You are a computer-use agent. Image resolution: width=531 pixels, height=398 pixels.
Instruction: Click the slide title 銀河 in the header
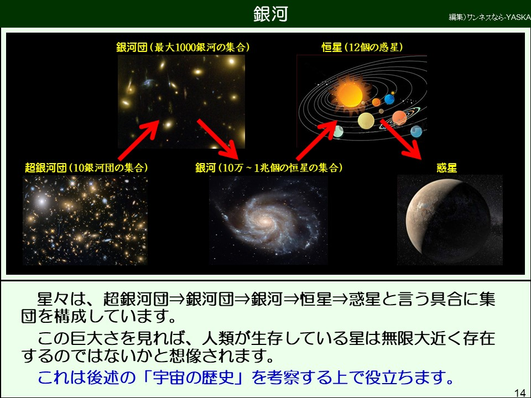point(270,14)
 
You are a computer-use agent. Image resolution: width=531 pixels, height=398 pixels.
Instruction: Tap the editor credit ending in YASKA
point(490,17)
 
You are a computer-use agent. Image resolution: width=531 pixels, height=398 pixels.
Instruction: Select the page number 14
point(520,392)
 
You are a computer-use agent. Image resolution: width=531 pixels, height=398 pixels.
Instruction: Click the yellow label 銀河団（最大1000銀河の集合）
point(183,47)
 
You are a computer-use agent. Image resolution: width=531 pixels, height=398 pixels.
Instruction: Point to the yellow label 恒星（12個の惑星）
point(362,47)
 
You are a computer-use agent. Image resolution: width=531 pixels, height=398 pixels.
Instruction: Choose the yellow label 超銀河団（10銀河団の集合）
point(86,167)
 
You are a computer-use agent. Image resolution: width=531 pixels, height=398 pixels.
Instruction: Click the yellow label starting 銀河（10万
point(269,167)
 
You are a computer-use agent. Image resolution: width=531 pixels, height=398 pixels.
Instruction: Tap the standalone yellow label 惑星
point(447,167)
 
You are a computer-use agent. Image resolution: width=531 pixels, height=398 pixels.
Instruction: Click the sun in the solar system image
point(350,94)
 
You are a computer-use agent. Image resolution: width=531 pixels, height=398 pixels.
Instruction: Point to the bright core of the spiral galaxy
point(265,222)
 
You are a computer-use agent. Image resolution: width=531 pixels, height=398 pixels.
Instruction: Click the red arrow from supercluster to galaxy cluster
point(139,139)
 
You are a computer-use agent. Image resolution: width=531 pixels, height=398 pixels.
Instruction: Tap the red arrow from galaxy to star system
point(317,140)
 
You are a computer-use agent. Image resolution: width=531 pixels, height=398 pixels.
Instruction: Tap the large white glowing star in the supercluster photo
point(41,201)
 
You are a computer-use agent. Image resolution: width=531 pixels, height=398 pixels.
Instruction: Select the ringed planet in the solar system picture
point(400,118)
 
